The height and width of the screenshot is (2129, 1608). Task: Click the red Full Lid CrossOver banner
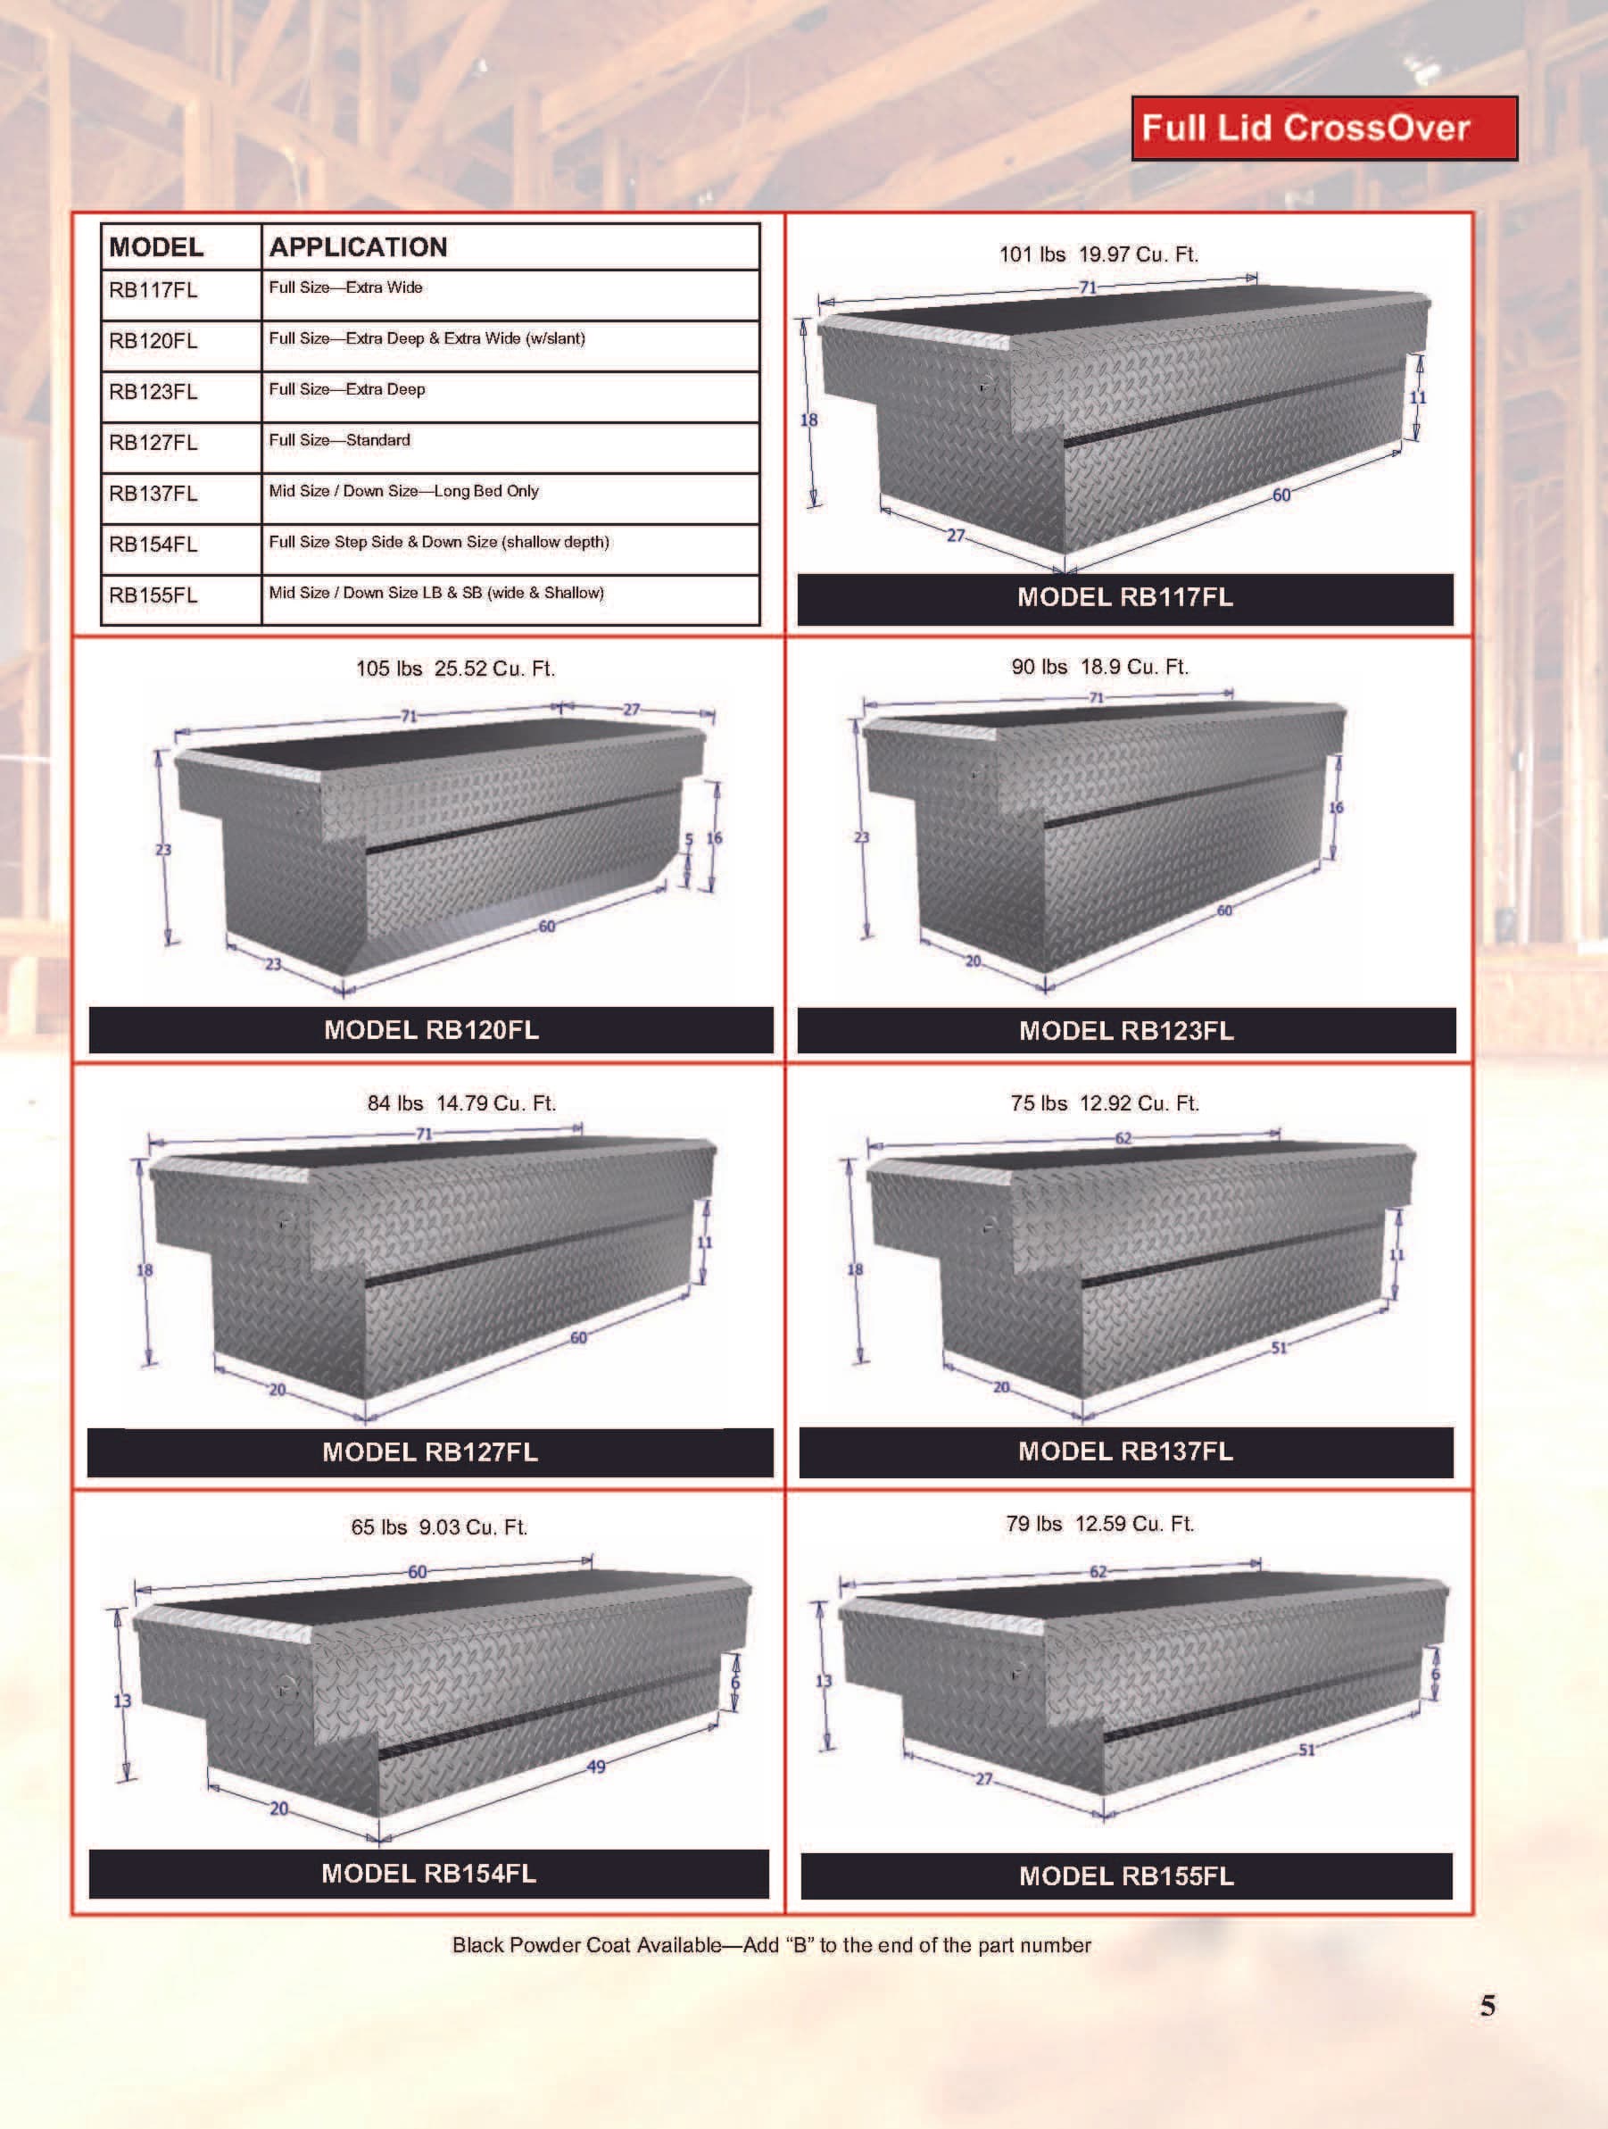[1323, 128]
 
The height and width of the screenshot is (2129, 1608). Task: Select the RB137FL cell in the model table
[154, 494]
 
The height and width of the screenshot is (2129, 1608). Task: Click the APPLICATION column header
[358, 247]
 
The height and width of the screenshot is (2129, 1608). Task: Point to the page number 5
[1488, 2006]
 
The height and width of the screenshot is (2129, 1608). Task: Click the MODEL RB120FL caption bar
[431, 1030]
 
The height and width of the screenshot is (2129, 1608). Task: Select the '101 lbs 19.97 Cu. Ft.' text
[1098, 254]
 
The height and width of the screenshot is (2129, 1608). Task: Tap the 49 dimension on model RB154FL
[596, 1767]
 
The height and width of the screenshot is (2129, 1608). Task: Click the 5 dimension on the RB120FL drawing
[689, 840]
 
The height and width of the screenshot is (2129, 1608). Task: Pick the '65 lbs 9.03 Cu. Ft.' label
[439, 1527]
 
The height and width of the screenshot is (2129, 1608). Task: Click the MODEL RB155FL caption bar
[1126, 1875]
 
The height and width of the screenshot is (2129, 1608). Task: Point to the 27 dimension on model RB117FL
[956, 535]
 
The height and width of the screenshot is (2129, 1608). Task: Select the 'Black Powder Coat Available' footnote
[771, 1945]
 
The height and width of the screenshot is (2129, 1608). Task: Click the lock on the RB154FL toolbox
[286, 1687]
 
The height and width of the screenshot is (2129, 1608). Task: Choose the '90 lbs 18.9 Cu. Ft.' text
[1100, 667]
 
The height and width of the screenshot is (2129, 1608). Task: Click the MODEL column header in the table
[157, 247]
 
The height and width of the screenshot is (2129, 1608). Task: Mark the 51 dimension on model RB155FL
[1306, 1750]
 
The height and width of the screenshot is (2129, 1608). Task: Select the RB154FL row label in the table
[154, 545]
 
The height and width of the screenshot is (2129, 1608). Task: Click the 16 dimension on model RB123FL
[1336, 808]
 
